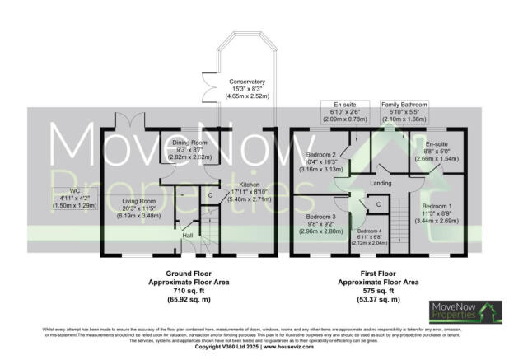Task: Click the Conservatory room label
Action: (x=247, y=82)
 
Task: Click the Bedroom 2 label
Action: (x=321, y=155)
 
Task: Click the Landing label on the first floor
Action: (x=380, y=183)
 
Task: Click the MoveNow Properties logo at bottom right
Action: (x=464, y=311)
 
